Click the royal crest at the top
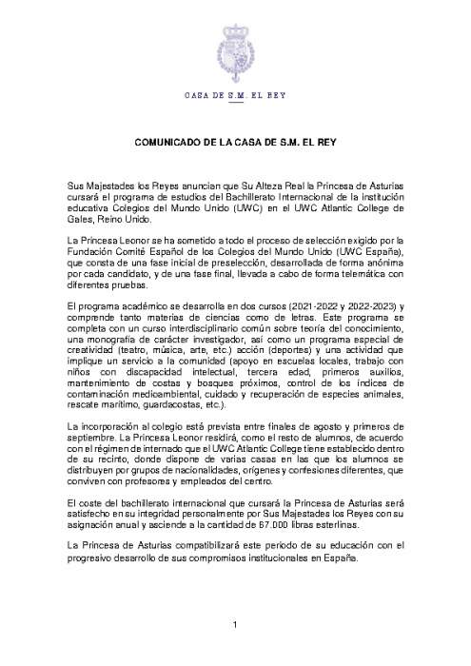(x=235, y=43)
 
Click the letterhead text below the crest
(x=235, y=96)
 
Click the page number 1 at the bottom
(x=235, y=624)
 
